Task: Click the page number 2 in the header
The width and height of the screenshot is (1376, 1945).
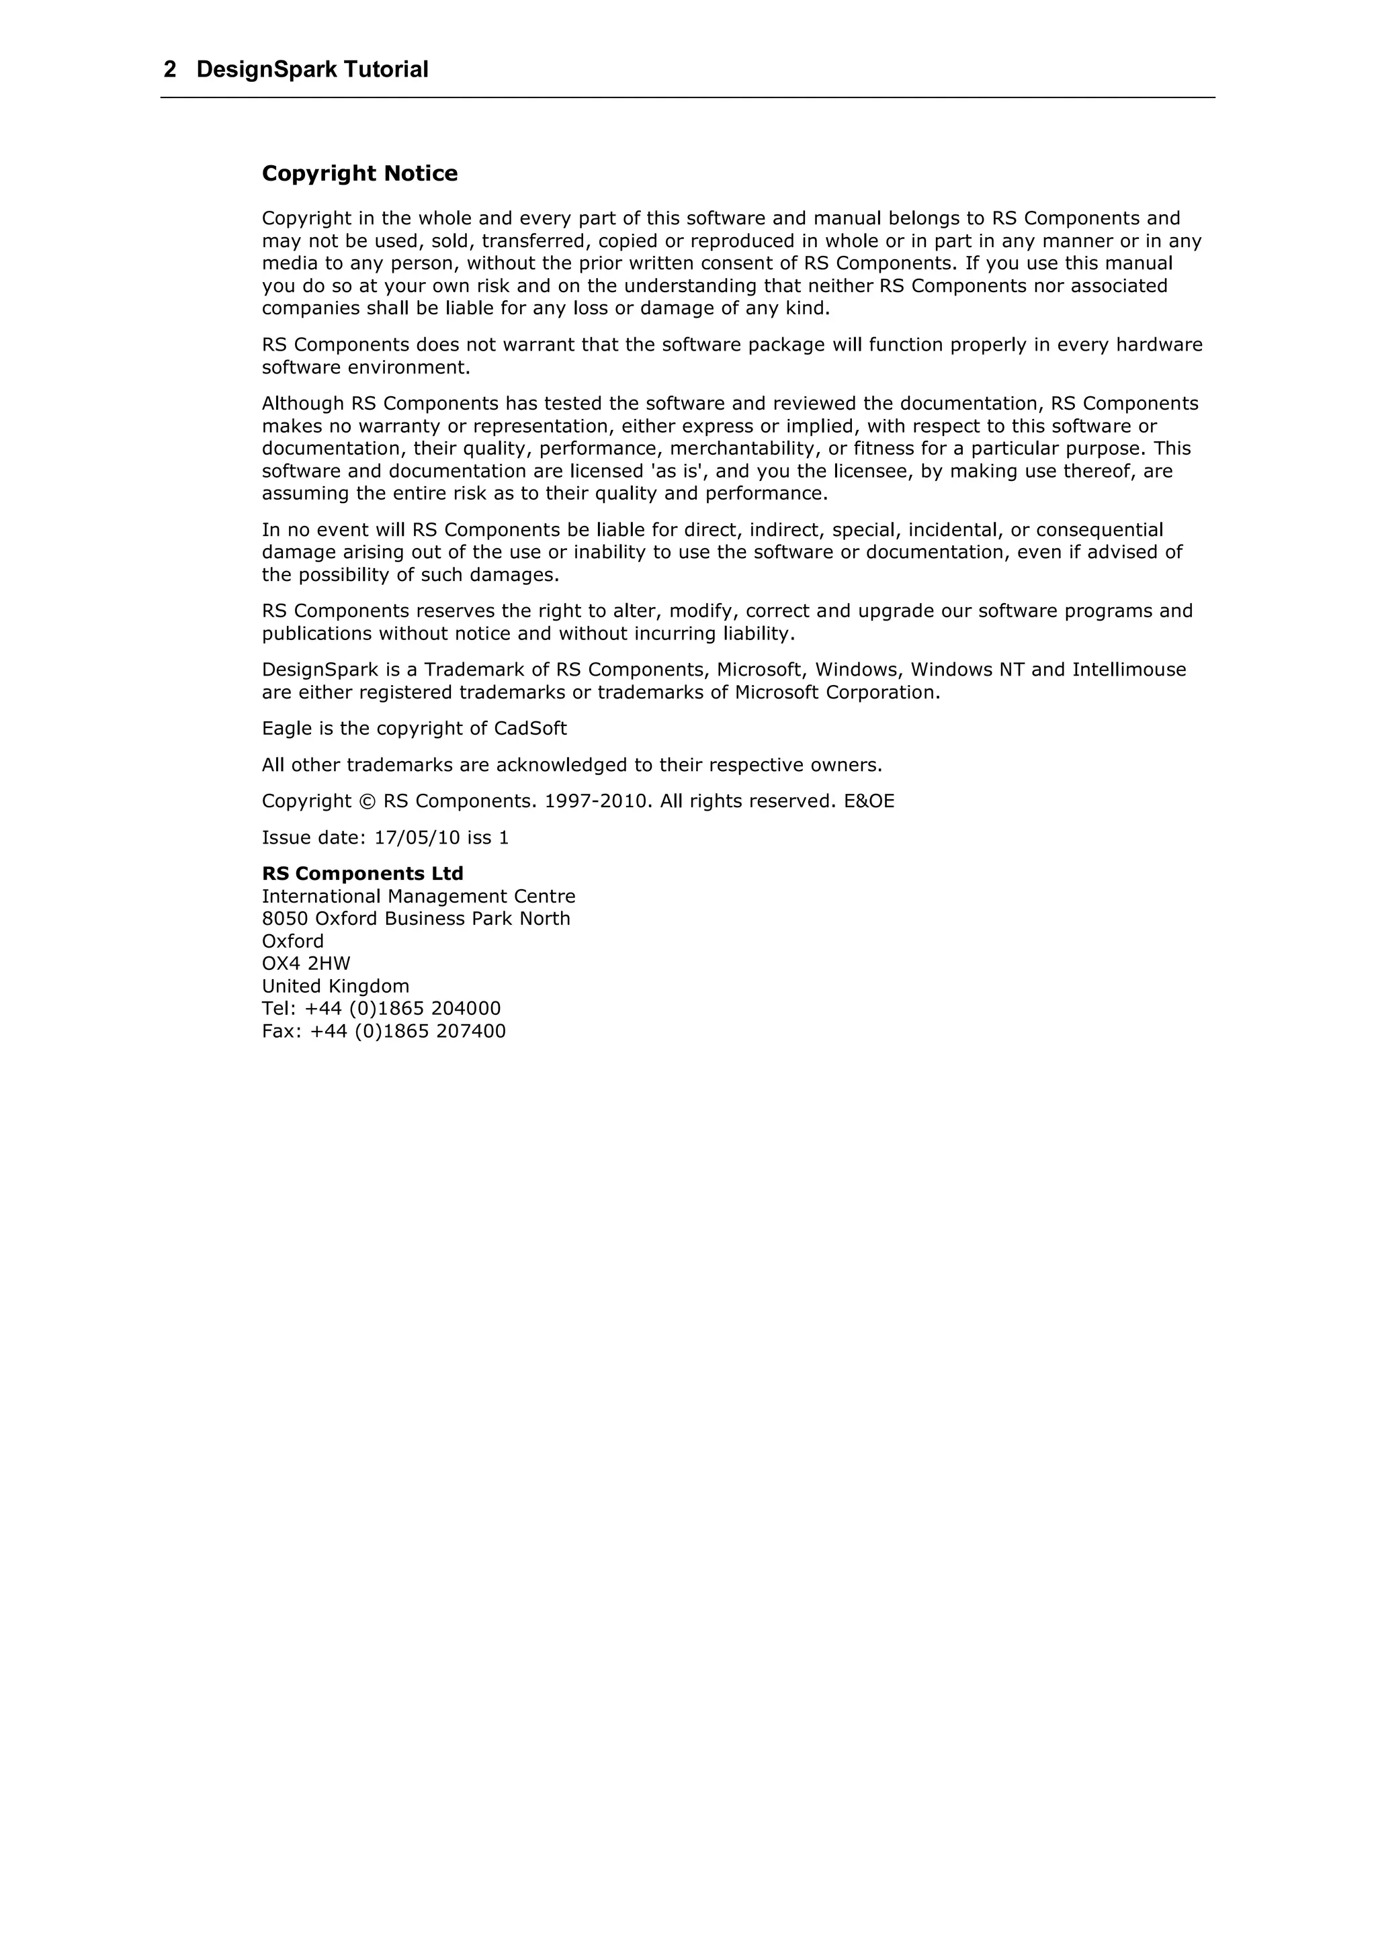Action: coord(170,69)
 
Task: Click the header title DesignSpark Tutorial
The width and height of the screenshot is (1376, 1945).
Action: coord(312,69)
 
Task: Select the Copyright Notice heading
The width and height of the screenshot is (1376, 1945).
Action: coord(359,174)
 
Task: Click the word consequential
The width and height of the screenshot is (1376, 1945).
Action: coord(1099,531)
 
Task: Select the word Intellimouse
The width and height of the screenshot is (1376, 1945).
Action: coord(1129,670)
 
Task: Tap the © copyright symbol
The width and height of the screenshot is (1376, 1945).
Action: coord(367,801)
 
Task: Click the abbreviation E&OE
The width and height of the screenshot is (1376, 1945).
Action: coord(869,801)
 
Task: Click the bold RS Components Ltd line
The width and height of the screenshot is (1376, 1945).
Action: coord(363,873)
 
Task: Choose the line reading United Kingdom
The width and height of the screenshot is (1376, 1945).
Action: coord(335,987)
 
